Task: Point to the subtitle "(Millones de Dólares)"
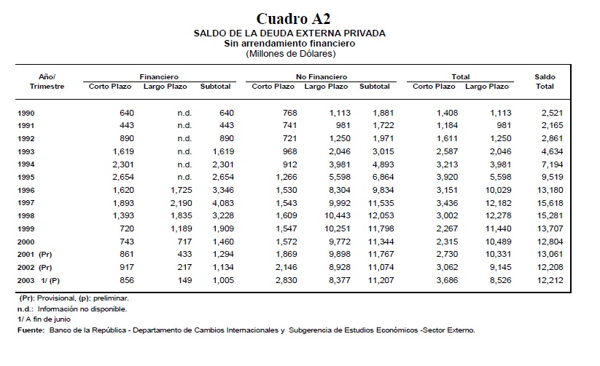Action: pos(290,53)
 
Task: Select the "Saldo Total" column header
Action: pos(545,81)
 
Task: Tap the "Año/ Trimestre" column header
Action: pos(47,81)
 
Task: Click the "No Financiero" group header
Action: pos(321,76)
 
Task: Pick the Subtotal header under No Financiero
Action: pos(374,87)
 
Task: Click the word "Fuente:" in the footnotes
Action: pos(31,330)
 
